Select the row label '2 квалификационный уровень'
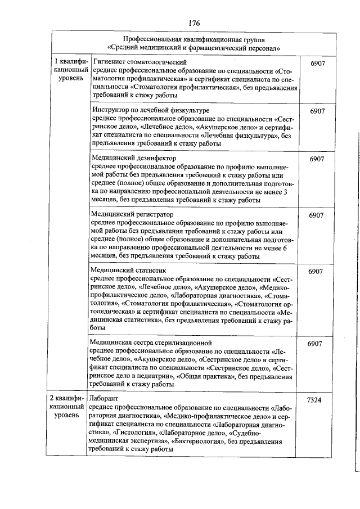tap(69, 407)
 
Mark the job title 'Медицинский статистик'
tap(127, 271)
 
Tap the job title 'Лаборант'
tap(102, 398)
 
